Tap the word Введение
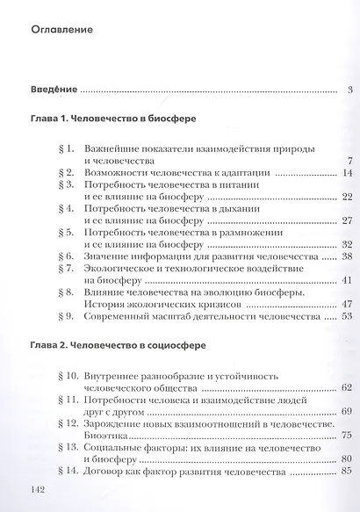click(x=54, y=90)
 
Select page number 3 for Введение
click(x=349, y=90)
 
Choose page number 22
click(x=346, y=198)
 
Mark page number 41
click(x=346, y=280)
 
